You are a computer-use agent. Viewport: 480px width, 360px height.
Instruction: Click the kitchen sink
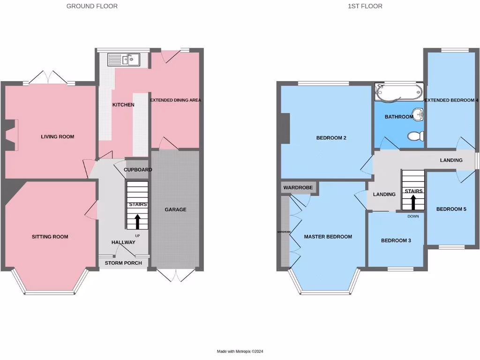tap(123, 60)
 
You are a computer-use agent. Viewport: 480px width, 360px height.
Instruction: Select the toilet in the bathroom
tap(416, 136)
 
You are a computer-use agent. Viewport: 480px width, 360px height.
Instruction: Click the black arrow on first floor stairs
tap(413, 202)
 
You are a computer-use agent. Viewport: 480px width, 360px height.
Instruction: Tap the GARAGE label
tap(175, 210)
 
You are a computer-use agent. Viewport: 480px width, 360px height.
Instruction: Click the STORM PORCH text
tap(123, 263)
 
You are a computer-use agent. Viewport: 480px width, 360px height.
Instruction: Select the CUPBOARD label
tap(137, 170)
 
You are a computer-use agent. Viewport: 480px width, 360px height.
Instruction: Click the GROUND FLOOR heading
tap(92, 6)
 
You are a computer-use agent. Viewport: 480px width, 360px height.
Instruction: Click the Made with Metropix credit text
tap(243, 352)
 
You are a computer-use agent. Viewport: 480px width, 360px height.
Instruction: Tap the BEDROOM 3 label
tap(396, 240)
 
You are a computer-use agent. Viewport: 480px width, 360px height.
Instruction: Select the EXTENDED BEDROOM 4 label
tap(451, 100)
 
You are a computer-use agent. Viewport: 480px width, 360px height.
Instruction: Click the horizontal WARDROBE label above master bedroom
tap(297, 187)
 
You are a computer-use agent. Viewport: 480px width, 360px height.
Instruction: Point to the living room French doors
tap(48, 77)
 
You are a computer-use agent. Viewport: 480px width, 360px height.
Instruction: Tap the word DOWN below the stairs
tap(413, 216)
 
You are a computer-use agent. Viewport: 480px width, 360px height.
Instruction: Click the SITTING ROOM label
tap(50, 237)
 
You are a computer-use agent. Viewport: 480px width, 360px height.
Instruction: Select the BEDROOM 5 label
tap(451, 209)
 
